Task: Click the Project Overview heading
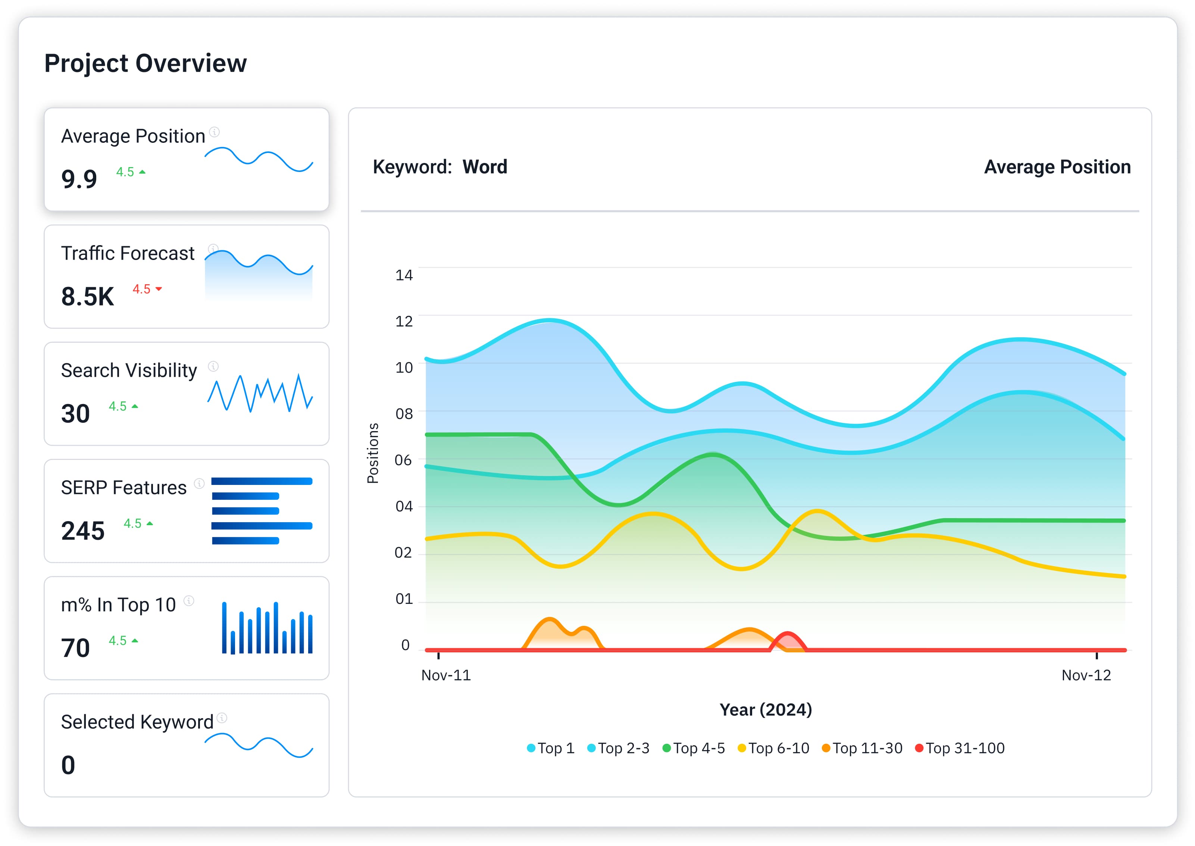point(146,63)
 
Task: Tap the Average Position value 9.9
point(79,179)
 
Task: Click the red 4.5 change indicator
point(147,289)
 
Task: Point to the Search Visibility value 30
point(75,414)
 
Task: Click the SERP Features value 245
point(83,531)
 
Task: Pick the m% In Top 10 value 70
point(75,648)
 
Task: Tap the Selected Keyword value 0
point(68,765)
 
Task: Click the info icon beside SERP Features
point(199,483)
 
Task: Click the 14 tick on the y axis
point(404,275)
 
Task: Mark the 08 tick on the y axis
point(404,414)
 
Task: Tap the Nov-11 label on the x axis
point(446,675)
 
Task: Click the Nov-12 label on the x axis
point(1086,675)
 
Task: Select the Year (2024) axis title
point(765,709)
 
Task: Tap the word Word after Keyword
point(485,167)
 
